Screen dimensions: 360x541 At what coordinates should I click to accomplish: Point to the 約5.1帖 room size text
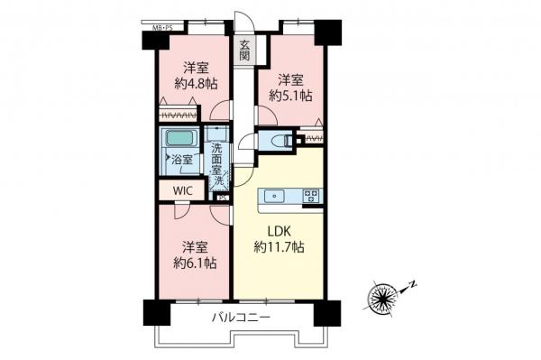click(293, 94)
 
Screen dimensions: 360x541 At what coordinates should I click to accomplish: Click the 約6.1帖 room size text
click(194, 263)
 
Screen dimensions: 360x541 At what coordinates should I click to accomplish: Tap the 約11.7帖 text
click(278, 247)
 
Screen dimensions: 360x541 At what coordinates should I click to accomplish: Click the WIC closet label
click(181, 191)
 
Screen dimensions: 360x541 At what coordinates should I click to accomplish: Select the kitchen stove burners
click(311, 195)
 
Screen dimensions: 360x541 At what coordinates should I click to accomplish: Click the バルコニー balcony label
click(243, 317)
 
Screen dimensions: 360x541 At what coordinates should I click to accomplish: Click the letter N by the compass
click(412, 286)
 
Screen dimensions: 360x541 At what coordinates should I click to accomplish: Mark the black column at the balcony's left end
click(152, 311)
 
